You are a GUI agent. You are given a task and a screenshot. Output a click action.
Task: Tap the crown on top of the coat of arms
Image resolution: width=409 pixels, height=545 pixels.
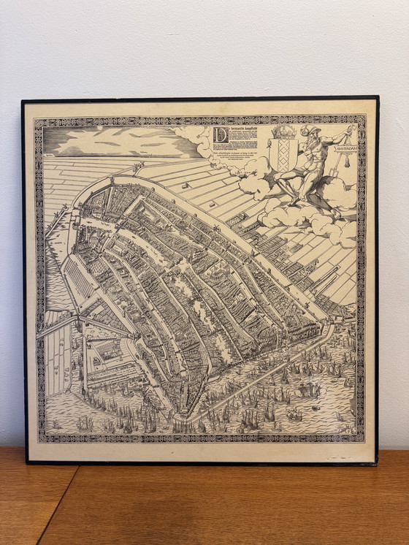282,133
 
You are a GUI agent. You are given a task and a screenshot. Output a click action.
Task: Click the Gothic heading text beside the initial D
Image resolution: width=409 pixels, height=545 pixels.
241,131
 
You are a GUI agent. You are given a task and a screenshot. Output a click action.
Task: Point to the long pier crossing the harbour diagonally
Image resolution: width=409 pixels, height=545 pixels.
263,380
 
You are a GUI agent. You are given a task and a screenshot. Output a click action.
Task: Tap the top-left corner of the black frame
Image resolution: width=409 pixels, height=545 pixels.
23,101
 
